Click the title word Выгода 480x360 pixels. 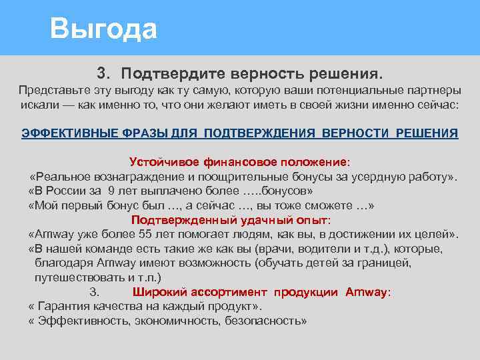[104, 29]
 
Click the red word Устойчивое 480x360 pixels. [162, 162]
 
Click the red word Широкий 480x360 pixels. [159, 292]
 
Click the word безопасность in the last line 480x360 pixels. [265, 321]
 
